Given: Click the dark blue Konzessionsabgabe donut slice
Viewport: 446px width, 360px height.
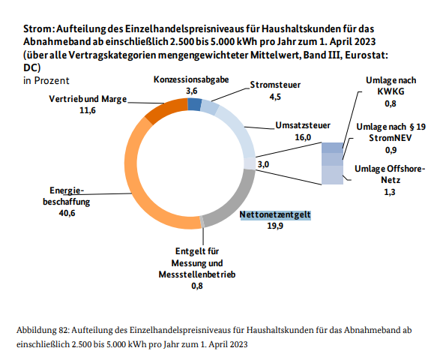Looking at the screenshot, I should point(193,104).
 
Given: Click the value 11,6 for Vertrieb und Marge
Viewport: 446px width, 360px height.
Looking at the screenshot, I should point(88,109).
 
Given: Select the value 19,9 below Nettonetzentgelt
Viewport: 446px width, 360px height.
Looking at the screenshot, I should point(274,226).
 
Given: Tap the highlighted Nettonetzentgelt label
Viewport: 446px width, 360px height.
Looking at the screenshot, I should point(274,214).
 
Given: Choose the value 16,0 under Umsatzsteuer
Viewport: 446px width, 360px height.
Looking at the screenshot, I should point(302,138).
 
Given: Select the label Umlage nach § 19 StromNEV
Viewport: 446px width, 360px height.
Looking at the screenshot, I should point(391,133).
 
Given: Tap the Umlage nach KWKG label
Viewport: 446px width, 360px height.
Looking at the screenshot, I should point(391,85).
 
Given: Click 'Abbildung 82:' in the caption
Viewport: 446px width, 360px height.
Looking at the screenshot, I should point(43,329).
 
